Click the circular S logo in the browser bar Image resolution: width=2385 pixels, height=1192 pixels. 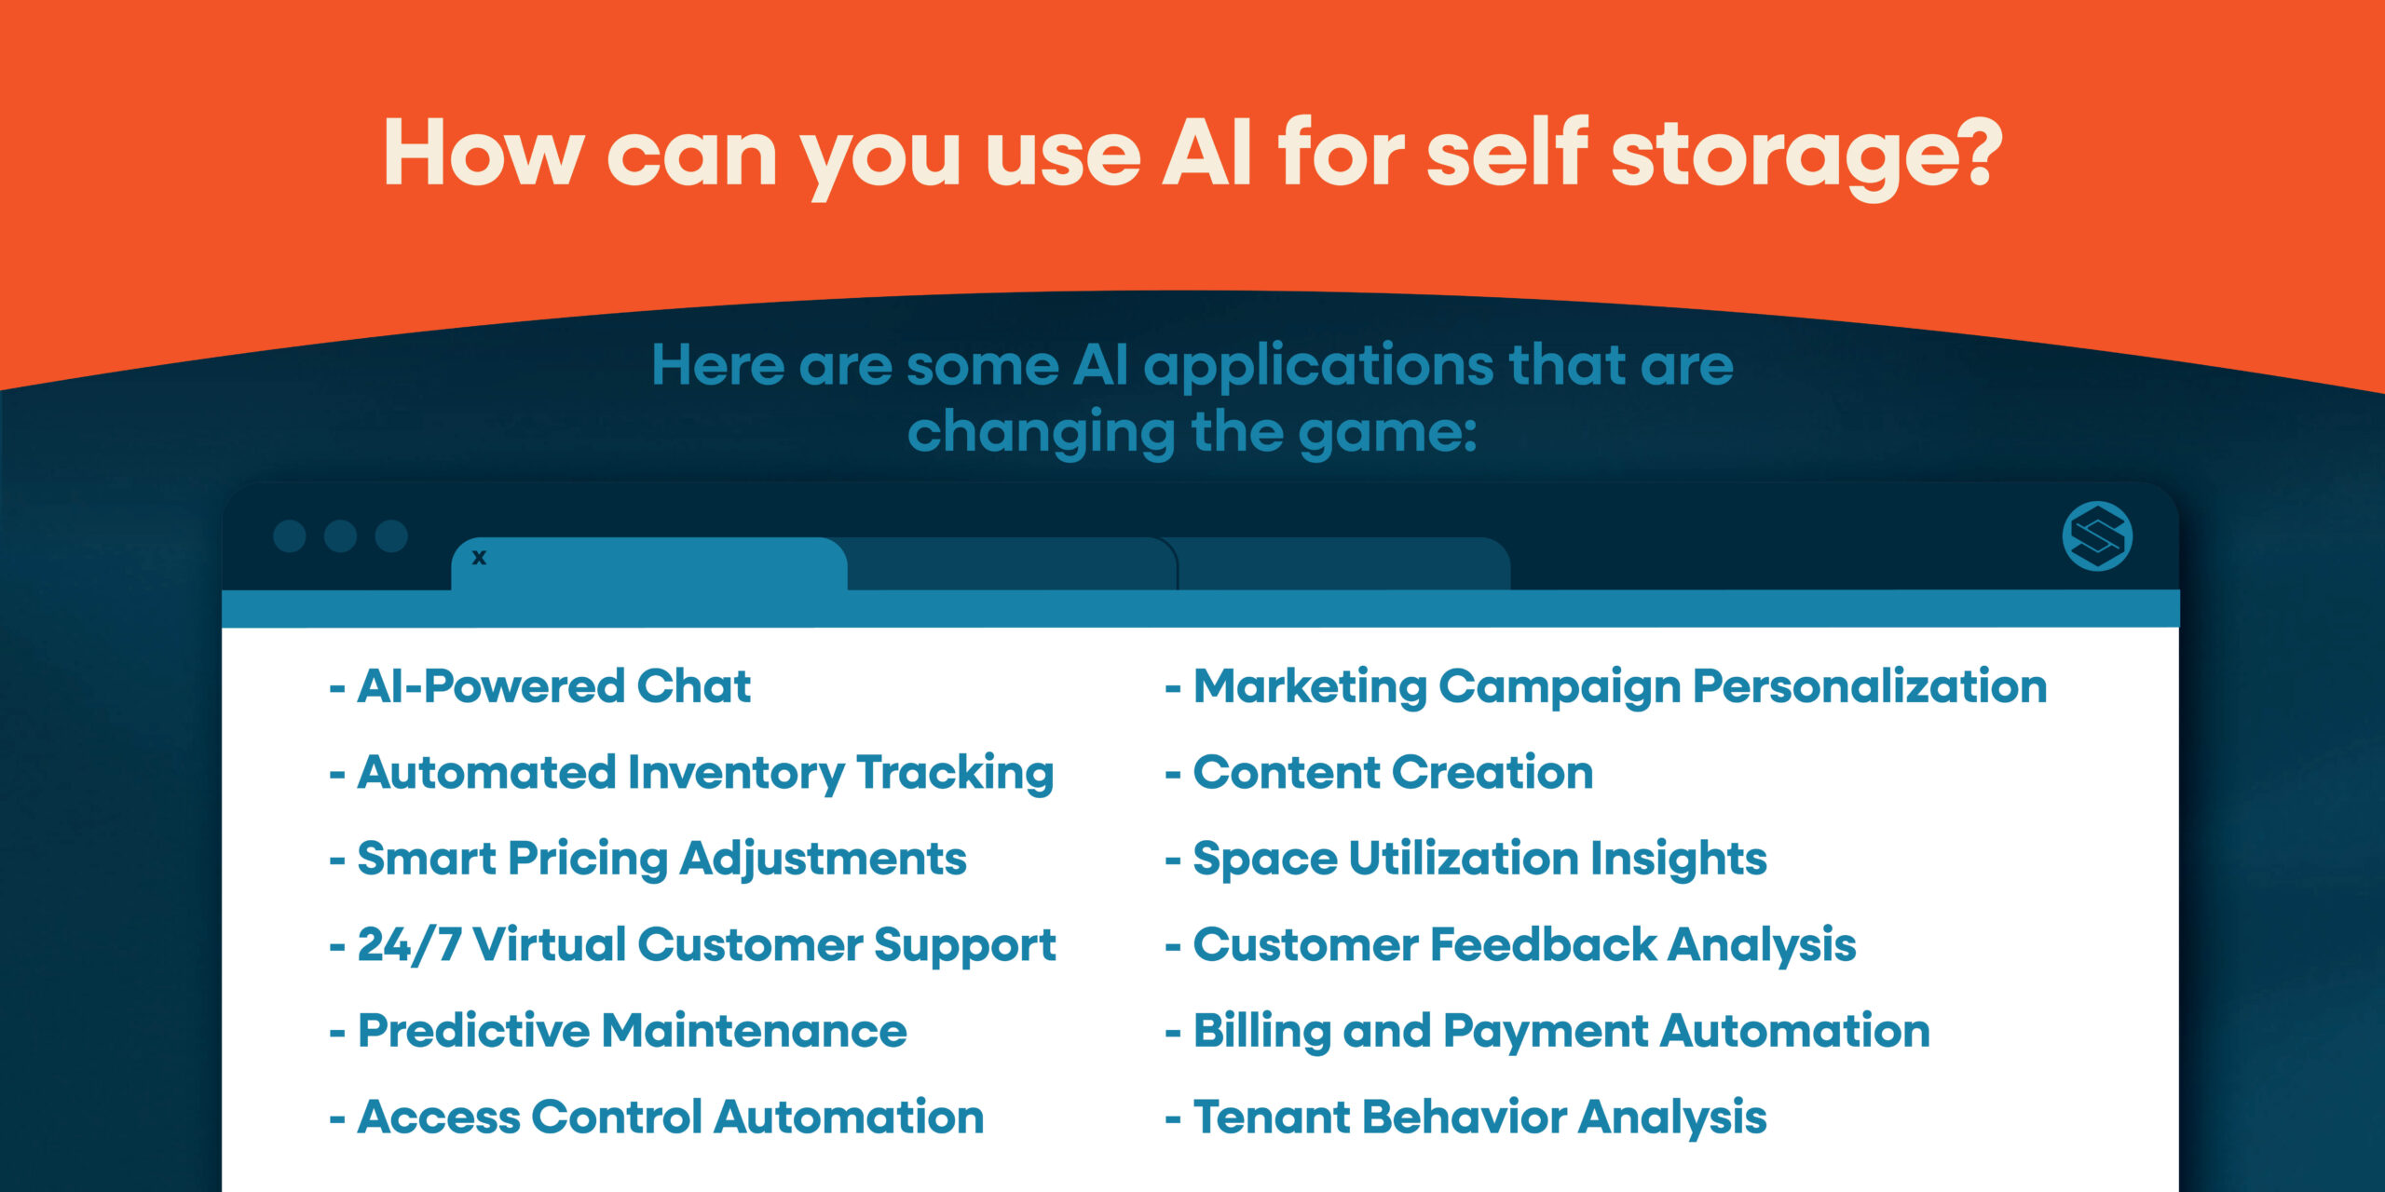point(2097,536)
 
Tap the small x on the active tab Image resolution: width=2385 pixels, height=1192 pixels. point(479,558)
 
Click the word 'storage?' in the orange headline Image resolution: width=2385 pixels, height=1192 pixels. point(1806,154)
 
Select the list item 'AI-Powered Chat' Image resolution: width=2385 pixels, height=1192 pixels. point(553,686)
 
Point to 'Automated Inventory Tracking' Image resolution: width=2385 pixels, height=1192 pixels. point(705,773)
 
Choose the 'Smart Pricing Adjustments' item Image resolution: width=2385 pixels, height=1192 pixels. point(661,859)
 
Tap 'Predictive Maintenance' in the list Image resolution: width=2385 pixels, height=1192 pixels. point(632,1031)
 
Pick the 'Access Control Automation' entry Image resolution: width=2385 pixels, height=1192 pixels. point(670,1117)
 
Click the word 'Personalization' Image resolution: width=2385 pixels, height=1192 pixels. point(1869,686)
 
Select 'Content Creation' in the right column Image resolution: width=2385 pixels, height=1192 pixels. point(1393,773)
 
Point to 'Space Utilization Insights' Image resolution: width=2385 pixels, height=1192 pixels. point(1479,859)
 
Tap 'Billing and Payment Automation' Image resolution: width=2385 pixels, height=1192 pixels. point(1561,1031)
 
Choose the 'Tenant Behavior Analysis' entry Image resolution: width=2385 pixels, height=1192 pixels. point(1479,1117)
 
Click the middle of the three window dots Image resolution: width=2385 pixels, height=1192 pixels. point(340,536)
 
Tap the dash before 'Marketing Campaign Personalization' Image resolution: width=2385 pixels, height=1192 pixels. point(1173,689)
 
